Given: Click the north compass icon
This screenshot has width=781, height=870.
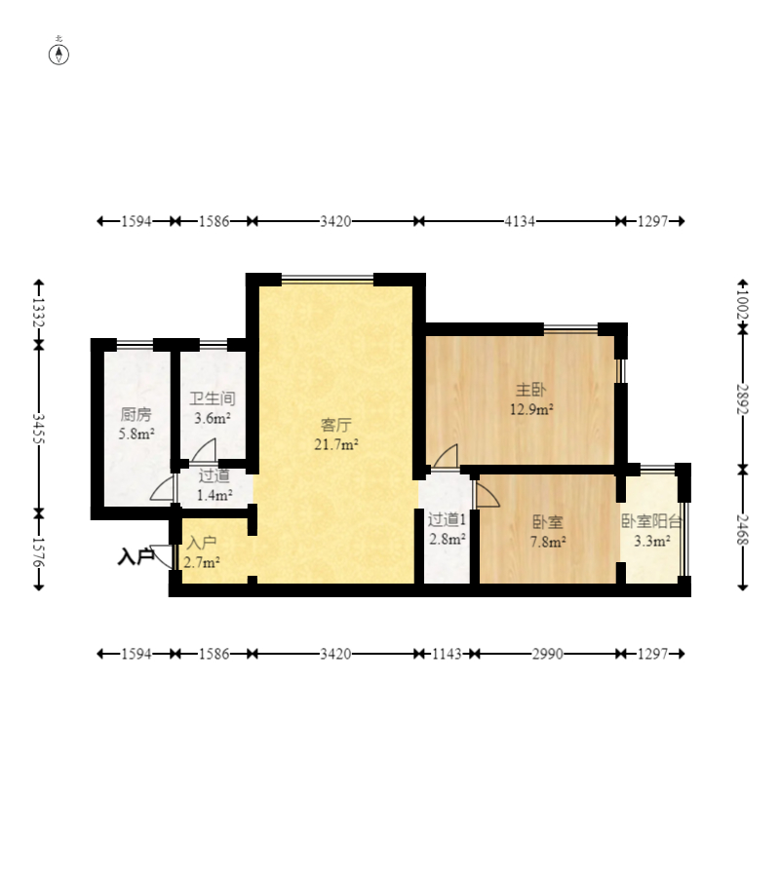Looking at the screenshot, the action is [59, 55].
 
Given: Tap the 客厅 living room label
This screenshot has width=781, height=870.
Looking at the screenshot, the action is [336, 425].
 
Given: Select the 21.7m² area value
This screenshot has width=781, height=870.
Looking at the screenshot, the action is [336, 444].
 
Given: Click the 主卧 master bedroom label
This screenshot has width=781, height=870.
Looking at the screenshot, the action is [530, 390].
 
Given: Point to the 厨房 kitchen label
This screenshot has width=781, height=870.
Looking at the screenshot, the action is [137, 414].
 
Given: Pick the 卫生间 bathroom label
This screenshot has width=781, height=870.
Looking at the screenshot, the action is [213, 398].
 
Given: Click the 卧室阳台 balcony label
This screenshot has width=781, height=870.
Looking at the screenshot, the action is [651, 521].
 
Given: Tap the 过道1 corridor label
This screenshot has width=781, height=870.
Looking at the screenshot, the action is [447, 519].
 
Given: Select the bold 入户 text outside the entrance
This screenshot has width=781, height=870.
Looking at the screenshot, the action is [137, 556].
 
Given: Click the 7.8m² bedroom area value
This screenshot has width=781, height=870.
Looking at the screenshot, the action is [548, 542].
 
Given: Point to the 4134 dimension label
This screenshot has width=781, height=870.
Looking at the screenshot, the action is [520, 221].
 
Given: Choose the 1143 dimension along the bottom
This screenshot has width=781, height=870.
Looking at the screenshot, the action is [447, 654].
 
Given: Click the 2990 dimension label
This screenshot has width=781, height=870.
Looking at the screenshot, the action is [548, 654].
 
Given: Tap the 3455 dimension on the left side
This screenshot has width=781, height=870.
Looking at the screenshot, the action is [38, 429].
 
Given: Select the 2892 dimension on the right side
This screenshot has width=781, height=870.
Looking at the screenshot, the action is [743, 399].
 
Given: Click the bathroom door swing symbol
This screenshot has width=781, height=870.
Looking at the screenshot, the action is [204, 450].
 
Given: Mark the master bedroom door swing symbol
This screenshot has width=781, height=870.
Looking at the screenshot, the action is [446, 456].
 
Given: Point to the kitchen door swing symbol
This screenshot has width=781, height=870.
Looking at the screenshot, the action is [162, 488].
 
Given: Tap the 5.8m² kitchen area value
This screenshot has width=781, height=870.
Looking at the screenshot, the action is [137, 434].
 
